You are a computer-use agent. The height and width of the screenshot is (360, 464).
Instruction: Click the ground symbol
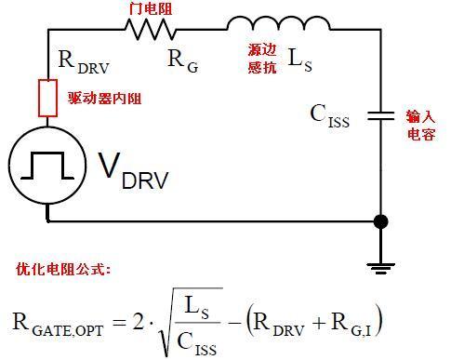point(380,265)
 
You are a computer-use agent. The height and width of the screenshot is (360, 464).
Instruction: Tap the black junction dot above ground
point(380,222)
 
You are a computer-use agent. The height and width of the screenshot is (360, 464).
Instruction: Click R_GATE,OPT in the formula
point(64,324)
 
